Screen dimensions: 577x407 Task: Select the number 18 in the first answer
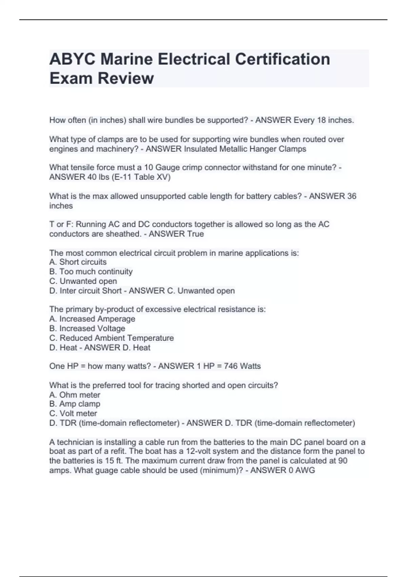pyautogui.click(x=321, y=120)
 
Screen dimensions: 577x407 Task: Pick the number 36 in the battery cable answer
pyautogui.click(x=352, y=196)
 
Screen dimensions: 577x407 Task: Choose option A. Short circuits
pyautogui.click(x=78, y=262)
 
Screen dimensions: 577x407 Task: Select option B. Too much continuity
pyautogui.click(x=91, y=272)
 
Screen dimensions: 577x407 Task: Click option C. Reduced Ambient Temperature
pyautogui.click(x=112, y=338)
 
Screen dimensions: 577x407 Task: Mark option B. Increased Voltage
pyautogui.click(x=87, y=329)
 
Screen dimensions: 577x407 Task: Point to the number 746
pyautogui.click(x=231, y=366)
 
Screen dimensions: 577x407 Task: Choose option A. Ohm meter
pyautogui.click(x=75, y=395)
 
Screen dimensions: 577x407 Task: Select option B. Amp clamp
pyautogui.click(x=75, y=404)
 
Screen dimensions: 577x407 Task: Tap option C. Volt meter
pyautogui.click(x=73, y=413)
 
